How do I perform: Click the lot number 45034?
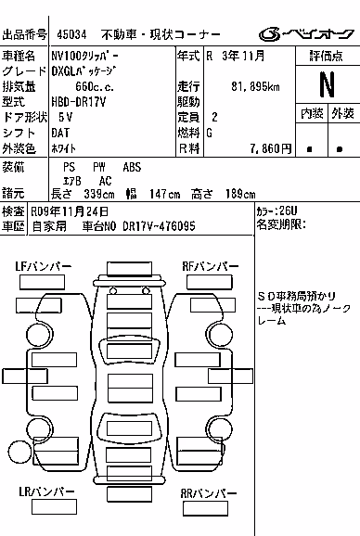[71, 34]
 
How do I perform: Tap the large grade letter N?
[328, 84]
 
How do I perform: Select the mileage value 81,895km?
[255, 86]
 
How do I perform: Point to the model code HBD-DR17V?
[79, 102]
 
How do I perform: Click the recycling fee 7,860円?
[270, 148]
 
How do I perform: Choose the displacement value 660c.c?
[95, 86]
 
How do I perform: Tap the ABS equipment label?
[132, 167]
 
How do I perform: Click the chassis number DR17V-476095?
[159, 226]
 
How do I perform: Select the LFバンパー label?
[44, 266]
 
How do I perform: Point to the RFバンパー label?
[211, 266]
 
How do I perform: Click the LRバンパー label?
[46, 491]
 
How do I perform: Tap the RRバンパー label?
[209, 493]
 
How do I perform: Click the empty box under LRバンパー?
[54, 507]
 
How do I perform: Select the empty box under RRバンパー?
[205, 509]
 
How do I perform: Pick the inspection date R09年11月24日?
[70, 212]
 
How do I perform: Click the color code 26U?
[289, 211]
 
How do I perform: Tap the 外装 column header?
[342, 113]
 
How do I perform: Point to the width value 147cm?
[164, 194]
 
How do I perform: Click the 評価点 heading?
[327, 56]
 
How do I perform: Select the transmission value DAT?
[60, 133]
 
